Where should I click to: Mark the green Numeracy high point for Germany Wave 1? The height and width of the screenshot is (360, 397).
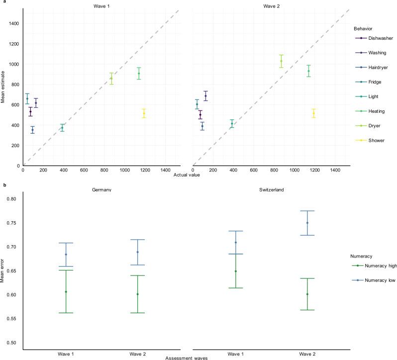click(x=66, y=292)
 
